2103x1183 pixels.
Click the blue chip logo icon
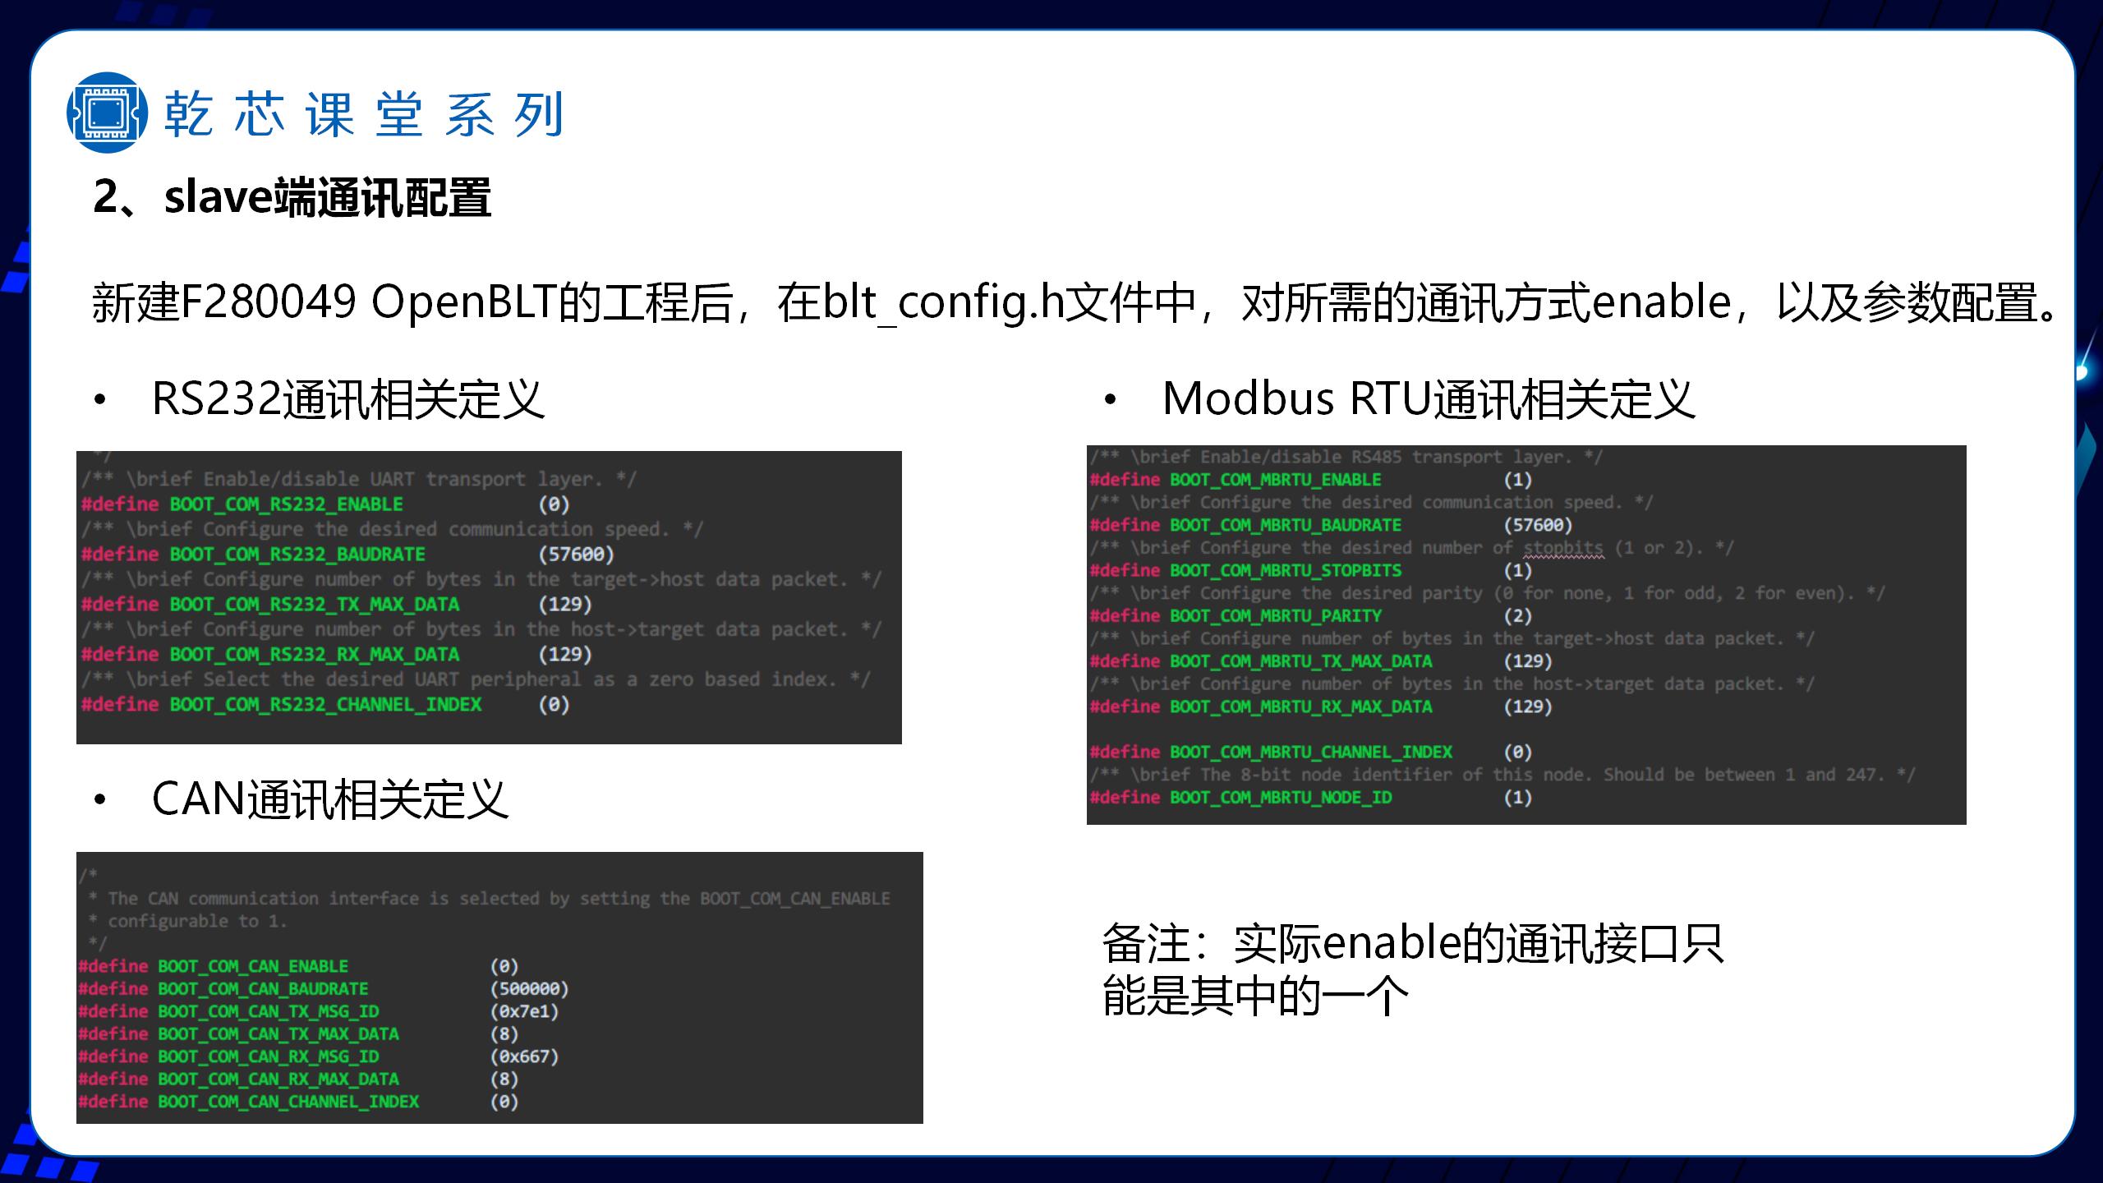pyautogui.click(x=108, y=113)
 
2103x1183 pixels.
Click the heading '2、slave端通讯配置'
pyautogui.click(x=292, y=198)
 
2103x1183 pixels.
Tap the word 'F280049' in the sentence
pyautogui.click(x=268, y=302)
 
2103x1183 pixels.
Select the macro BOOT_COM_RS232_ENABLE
pyautogui.click(x=286, y=504)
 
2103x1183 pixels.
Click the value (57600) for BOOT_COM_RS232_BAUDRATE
pyautogui.click(x=576, y=555)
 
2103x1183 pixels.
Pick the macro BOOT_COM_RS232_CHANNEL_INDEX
pyautogui.click(x=325, y=705)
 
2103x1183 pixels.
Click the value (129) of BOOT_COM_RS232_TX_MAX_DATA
pyautogui.click(x=565, y=605)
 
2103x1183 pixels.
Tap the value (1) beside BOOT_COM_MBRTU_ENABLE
pyautogui.click(x=1517, y=480)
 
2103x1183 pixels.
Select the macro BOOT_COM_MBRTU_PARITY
pyautogui.click(x=1276, y=616)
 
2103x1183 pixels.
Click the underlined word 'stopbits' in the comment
pyautogui.click(x=1563, y=548)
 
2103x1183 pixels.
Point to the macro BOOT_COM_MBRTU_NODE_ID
pyautogui.click(x=1281, y=798)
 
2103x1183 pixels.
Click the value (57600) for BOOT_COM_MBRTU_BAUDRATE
pyautogui.click(x=1538, y=525)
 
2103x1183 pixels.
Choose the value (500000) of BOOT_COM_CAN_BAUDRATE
pyautogui.click(x=529, y=989)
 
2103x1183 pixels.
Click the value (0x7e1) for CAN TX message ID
pyautogui.click(x=524, y=1011)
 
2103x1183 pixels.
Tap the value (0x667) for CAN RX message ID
pyautogui.click(x=524, y=1056)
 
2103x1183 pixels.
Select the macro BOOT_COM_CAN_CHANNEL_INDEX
pyautogui.click(x=288, y=1102)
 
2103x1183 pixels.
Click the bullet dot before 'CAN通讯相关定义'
pyautogui.click(x=100, y=799)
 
